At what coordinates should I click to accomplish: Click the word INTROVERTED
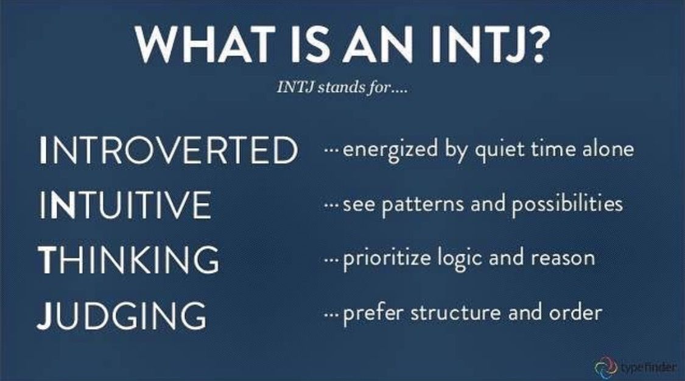point(169,149)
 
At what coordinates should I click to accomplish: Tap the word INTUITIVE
point(125,204)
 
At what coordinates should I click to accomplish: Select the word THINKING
point(128,260)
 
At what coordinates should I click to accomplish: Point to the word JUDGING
point(122,315)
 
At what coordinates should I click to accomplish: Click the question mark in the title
point(533,44)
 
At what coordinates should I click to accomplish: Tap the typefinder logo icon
point(605,366)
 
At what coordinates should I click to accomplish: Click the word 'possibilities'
point(567,204)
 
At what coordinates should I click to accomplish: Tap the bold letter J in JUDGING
point(44,315)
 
